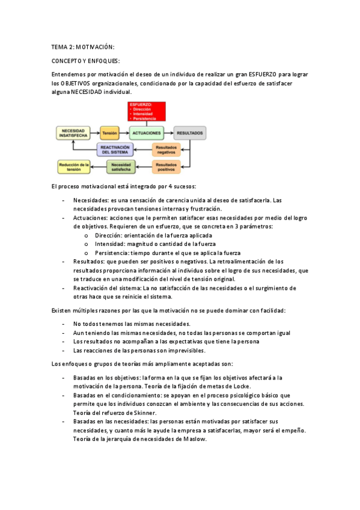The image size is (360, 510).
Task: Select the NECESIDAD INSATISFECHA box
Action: [74, 132]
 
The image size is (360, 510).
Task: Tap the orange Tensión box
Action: [109, 132]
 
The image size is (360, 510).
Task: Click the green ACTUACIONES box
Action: [146, 132]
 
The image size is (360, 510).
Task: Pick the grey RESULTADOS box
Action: [189, 132]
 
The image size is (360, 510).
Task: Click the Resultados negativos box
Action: [165, 149]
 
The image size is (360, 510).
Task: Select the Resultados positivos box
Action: [165, 165]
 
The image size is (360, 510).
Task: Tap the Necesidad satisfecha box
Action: [121, 165]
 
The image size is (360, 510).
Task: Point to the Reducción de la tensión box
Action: [74, 165]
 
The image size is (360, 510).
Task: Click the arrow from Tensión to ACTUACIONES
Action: [125, 132]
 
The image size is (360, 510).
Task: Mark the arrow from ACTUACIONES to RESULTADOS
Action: [168, 132]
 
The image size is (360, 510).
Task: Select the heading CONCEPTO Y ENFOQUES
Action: [86, 61]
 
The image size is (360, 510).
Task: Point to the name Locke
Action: [240, 386]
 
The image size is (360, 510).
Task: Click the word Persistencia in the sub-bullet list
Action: [113, 253]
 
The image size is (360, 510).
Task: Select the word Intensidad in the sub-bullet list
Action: [111, 245]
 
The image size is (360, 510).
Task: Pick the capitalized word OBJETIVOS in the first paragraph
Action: [76, 83]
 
